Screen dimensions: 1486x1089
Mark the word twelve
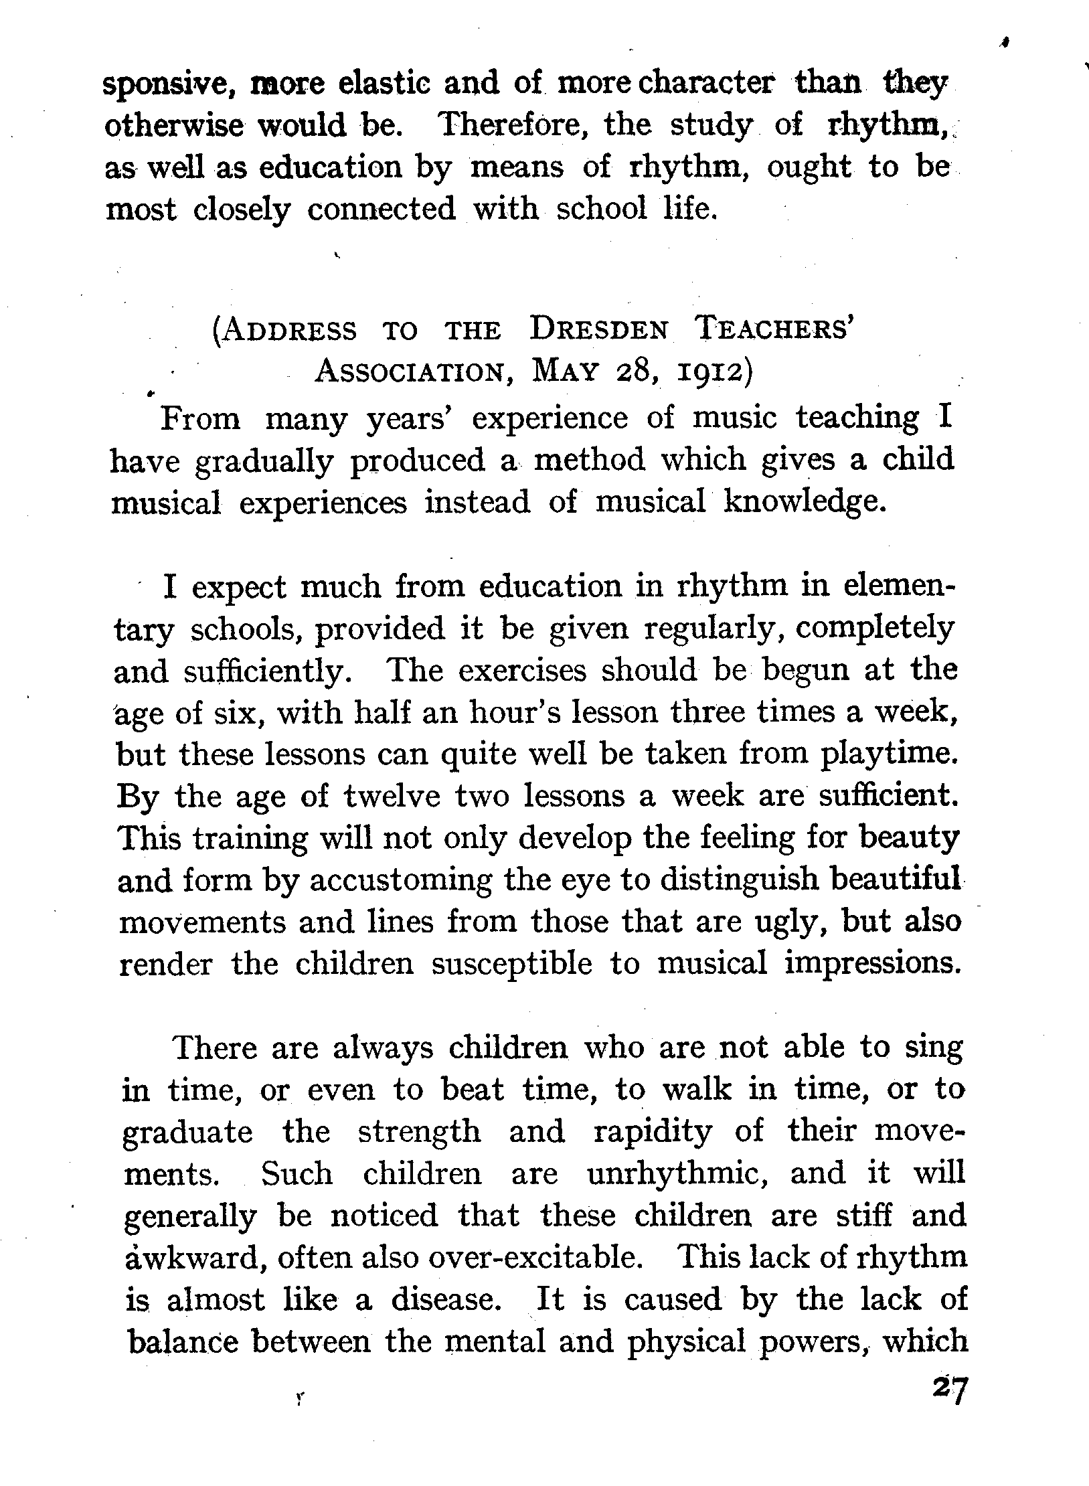coord(392,797)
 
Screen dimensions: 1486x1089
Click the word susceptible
coord(512,965)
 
